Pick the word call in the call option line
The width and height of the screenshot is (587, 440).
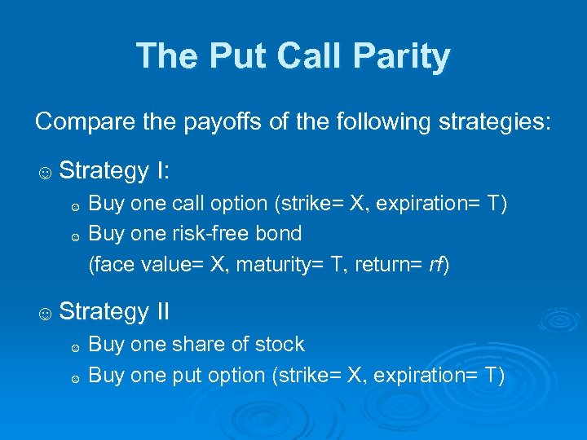pos(186,203)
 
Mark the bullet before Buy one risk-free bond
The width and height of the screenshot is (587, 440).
pos(74,236)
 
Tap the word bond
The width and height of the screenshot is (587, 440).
pos(280,234)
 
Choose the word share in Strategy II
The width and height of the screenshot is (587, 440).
pos(199,345)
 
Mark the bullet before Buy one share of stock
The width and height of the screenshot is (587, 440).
pos(74,347)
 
